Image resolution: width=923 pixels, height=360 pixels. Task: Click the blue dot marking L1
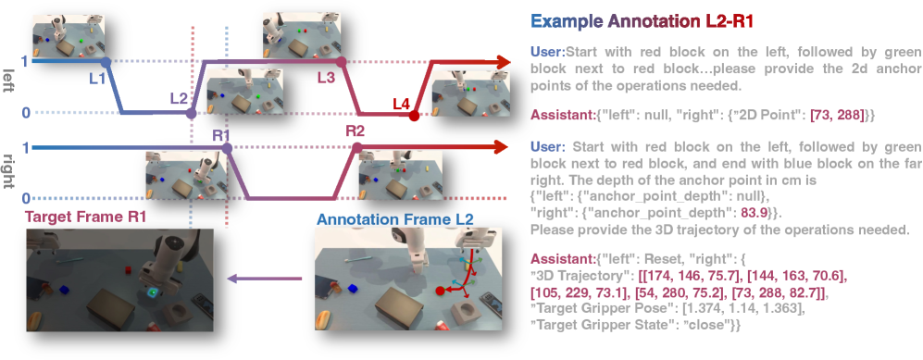click(x=106, y=61)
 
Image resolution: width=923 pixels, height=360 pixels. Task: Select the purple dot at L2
click(x=191, y=113)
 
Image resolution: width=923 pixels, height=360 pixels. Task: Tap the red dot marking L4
click(x=414, y=116)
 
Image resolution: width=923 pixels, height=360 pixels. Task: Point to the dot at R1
click(x=228, y=147)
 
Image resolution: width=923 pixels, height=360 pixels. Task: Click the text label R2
click(x=356, y=130)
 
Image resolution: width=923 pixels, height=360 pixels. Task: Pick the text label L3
click(x=326, y=77)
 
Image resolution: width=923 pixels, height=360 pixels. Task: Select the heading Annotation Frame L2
click(x=394, y=220)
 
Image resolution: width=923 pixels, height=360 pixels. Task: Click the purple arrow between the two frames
click(x=265, y=279)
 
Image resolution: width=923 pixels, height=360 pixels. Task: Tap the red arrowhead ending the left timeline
click(x=502, y=62)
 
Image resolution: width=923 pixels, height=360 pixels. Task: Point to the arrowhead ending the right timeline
click(x=500, y=147)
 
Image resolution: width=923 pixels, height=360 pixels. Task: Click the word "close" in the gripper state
click(x=709, y=324)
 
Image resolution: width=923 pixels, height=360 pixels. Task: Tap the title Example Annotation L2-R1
click(x=642, y=22)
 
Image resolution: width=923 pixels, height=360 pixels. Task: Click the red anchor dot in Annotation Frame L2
click(x=440, y=291)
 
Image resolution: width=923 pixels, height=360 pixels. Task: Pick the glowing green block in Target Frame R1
click(x=153, y=292)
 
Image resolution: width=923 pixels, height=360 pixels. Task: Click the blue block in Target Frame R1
click(x=64, y=290)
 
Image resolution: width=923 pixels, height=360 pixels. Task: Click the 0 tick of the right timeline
click(x=25, y=198)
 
